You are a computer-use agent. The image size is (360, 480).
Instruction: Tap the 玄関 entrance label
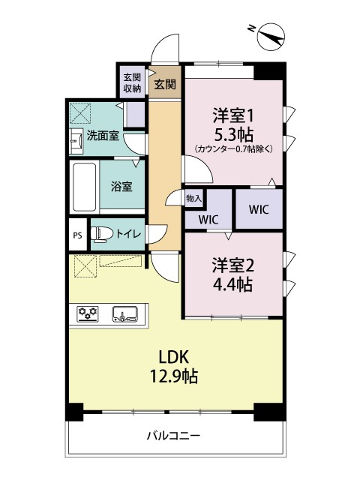(x=165, y=84)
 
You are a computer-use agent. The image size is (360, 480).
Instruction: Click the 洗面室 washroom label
(x=102, y=136)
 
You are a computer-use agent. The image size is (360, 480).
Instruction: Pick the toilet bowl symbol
(x=102, y=235)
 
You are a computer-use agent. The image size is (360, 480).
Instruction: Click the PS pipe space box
(x=77, y=235)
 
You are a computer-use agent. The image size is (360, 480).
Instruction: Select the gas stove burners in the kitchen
(x=89, y=313)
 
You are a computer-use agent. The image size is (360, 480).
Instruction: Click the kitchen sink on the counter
(x=124, y=313)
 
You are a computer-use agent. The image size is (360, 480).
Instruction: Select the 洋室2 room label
(x=232, y=264)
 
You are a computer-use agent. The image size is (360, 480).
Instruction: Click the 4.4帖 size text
(x=232, y=284)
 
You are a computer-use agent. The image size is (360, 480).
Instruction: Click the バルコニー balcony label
(x=173, y=436)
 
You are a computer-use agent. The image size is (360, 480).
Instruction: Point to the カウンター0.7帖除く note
(x=233, y=148)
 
